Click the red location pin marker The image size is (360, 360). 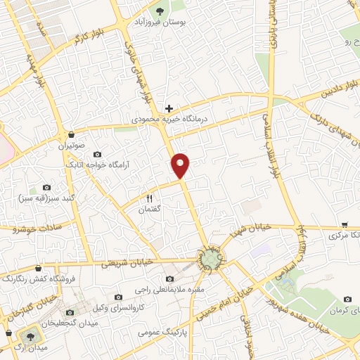click(x=181, y=165)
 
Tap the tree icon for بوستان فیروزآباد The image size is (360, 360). click(x=160, y=11)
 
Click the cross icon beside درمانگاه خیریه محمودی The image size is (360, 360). click(x=168, y=108)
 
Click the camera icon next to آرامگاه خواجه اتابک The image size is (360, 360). click(x=97, y=154)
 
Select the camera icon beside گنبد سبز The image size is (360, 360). click(x=46, y=188)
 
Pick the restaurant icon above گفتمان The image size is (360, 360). click(x=149, y=199)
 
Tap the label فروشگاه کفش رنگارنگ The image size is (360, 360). click(x=37, y=278)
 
